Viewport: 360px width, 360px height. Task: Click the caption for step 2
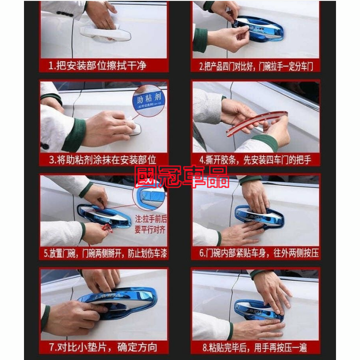click(256, 67)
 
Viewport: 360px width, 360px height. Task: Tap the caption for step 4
click(256, 160)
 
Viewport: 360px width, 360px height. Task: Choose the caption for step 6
click(256, 253)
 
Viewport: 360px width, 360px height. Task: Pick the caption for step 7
click(103, 347)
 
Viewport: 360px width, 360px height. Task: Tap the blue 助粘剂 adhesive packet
click(147, 102)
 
